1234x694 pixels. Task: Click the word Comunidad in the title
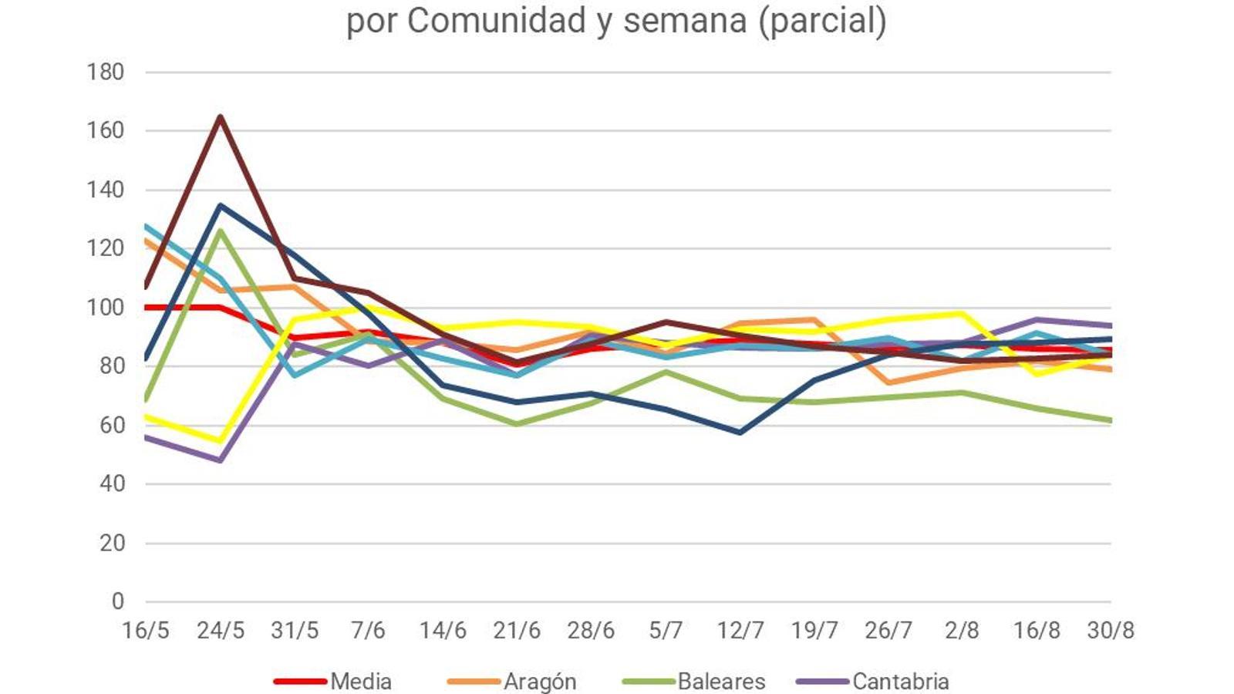click(x=497, y=21)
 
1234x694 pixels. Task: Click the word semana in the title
click(x=685, y=21)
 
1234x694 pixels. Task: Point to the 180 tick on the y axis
click(x=106, y=72)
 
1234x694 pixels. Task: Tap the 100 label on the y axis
click(x=106, y=307)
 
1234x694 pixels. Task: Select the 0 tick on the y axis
click(x=117, y=601)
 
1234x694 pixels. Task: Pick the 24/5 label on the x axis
click(x=221, y=631)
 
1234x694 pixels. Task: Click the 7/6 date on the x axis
click(x=368, y=631)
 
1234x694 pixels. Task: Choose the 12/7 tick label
click(x=740, y=631)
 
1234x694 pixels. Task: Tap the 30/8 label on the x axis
click(x=1111, y=631)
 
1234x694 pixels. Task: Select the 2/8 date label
click(x=962, y=631)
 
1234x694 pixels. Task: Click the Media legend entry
click(x=360, y=682)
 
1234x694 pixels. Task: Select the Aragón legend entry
click(x=539, y=682)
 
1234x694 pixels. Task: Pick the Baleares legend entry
click(x=720, y=682)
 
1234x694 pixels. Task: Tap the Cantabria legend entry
click(x=900, y=682)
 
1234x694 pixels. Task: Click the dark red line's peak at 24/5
click(x=221, y=117)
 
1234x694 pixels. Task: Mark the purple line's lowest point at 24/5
click(x=221, y=460)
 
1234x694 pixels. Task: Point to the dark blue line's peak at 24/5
click(x=221, y=205)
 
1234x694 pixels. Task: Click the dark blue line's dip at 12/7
click(x=740, y=433)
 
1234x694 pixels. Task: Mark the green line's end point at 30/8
click(x=1110, y=420)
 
